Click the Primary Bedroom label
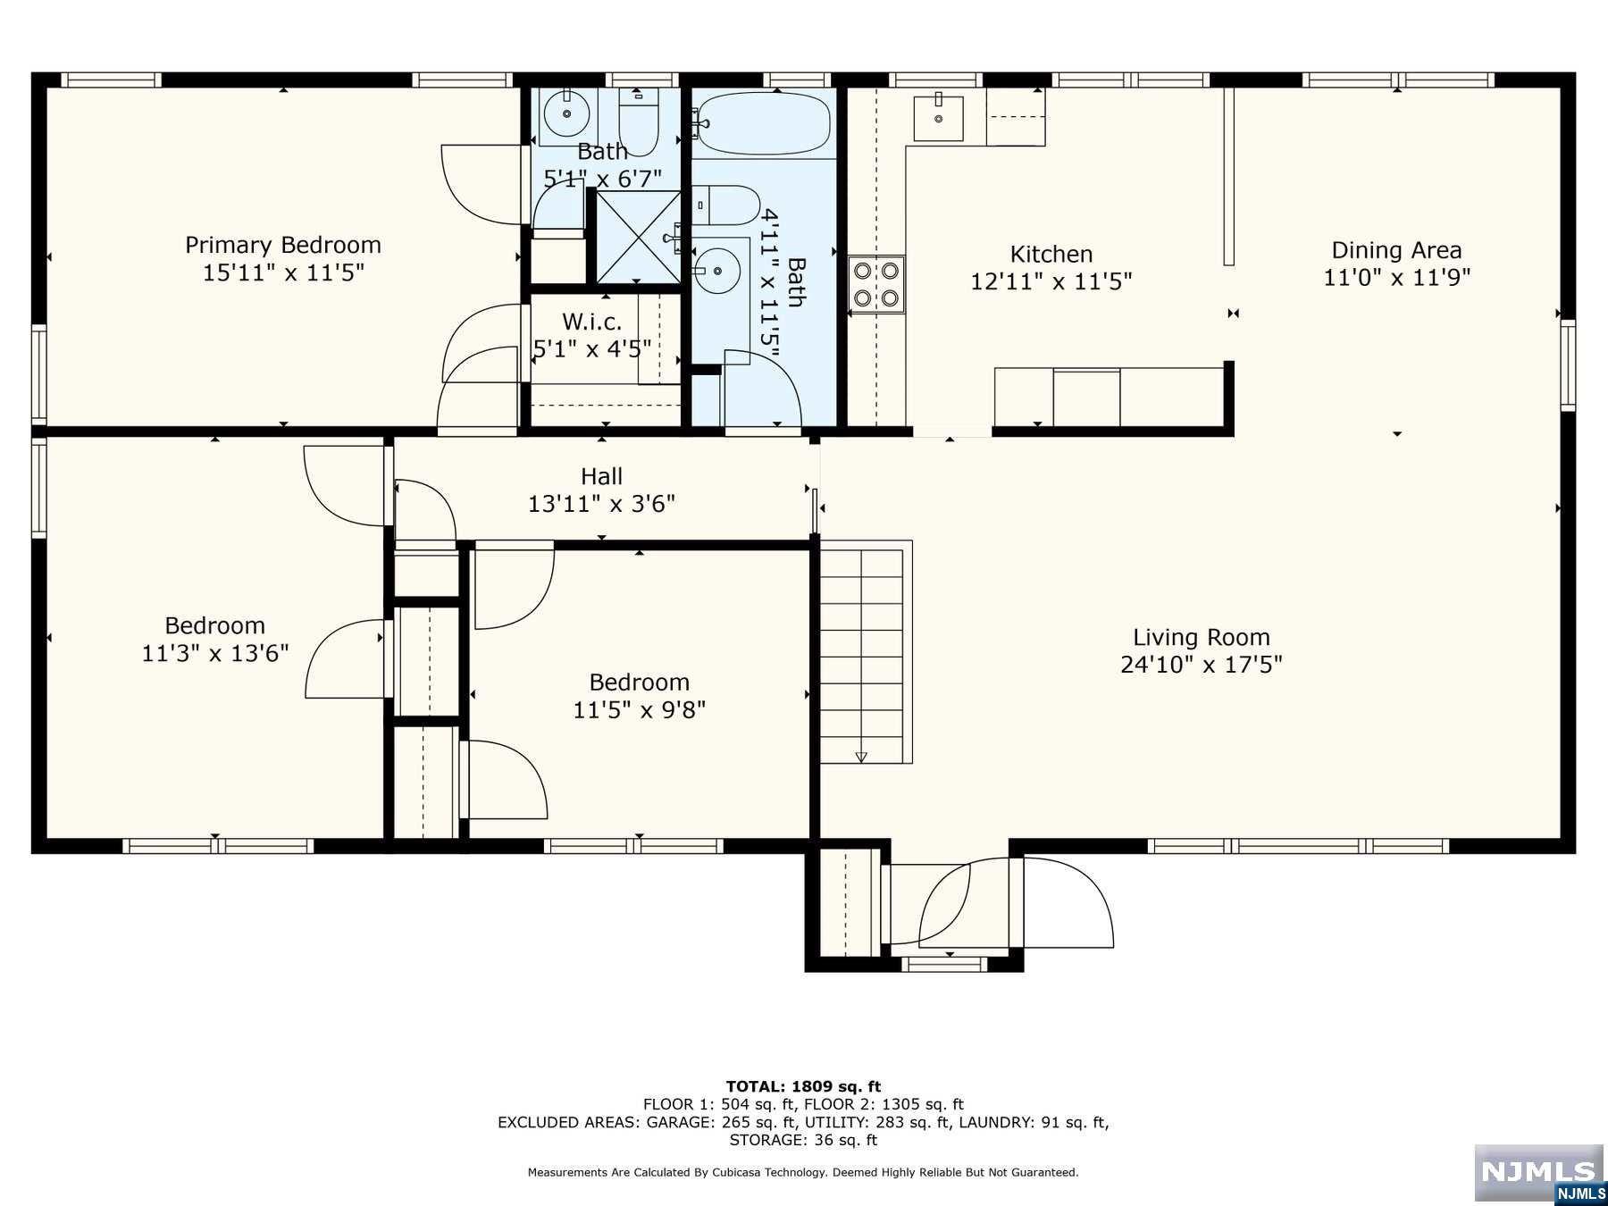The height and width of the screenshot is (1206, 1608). point(282,245)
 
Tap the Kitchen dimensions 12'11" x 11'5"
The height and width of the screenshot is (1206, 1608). point(1051,281)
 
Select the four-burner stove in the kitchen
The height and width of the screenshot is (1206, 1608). point(876,284)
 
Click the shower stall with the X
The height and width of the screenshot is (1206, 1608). point(638,237)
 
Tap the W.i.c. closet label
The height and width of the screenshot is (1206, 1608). point(591,322)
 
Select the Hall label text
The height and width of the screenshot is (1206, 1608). point(601,476)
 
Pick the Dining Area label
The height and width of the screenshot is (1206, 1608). point(1395,250)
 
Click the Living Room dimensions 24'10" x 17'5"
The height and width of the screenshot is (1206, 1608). point(1201,665)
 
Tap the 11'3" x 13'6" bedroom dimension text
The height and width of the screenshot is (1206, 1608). point(214,653)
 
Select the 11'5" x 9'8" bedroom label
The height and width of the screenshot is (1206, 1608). point(639,683)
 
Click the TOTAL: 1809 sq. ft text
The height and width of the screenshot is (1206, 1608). point(802,1086)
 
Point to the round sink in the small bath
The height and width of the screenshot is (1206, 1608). point(567,113)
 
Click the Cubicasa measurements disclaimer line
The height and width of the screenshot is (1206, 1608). point(802,1172)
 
